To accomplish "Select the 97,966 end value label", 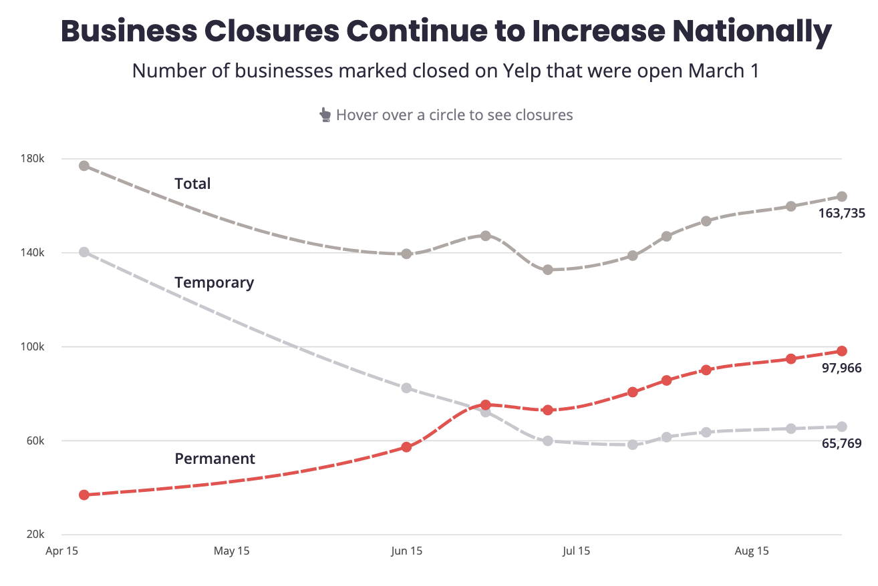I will pos(841,368).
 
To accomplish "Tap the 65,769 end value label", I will pos(841,443).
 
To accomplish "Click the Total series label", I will pos(192,184).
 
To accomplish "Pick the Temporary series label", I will pos(214,282).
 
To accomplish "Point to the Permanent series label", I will pos(214,459).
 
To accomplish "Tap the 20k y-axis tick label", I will pos(35,535).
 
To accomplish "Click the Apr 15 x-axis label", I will pos(62,551).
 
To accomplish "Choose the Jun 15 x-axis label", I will pos(407,551).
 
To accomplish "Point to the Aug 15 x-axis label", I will pos(752,551).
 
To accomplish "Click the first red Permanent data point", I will pos(84,495).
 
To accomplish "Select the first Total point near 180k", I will pos(84,166).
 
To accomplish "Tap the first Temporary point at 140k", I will pos(84,252).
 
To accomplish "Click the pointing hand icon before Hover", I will pos(325,115).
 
